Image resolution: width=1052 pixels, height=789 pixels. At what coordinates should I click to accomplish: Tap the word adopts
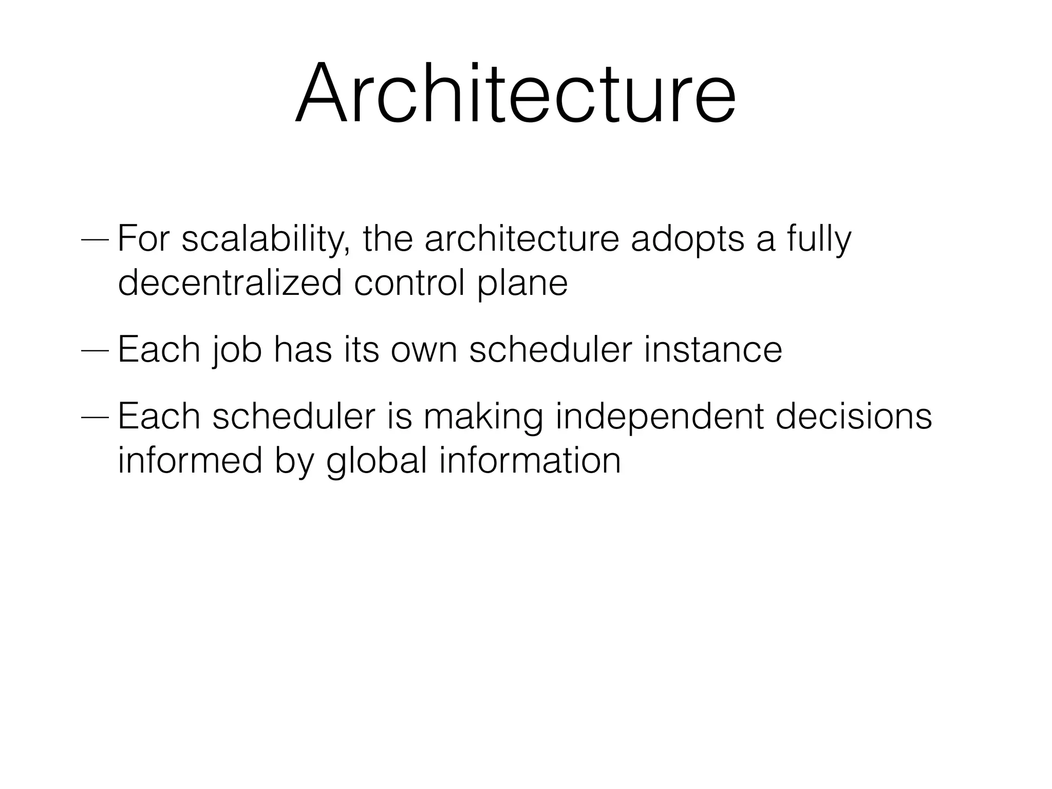coord(687,240)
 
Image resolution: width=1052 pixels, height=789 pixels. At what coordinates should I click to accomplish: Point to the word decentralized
coord(230,283)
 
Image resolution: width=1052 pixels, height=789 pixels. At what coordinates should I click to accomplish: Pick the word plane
coord(522,284)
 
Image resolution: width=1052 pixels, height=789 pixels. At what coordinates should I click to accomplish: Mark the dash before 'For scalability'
coord(95,240)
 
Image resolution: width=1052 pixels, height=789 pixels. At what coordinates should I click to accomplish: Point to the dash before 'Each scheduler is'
coord(95,417)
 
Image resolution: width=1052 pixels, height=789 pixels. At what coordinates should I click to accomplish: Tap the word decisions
coord(854,416)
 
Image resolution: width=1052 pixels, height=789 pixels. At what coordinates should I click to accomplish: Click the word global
coord(377,461)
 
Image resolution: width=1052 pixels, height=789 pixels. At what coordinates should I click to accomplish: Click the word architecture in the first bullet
coord(521,239)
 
